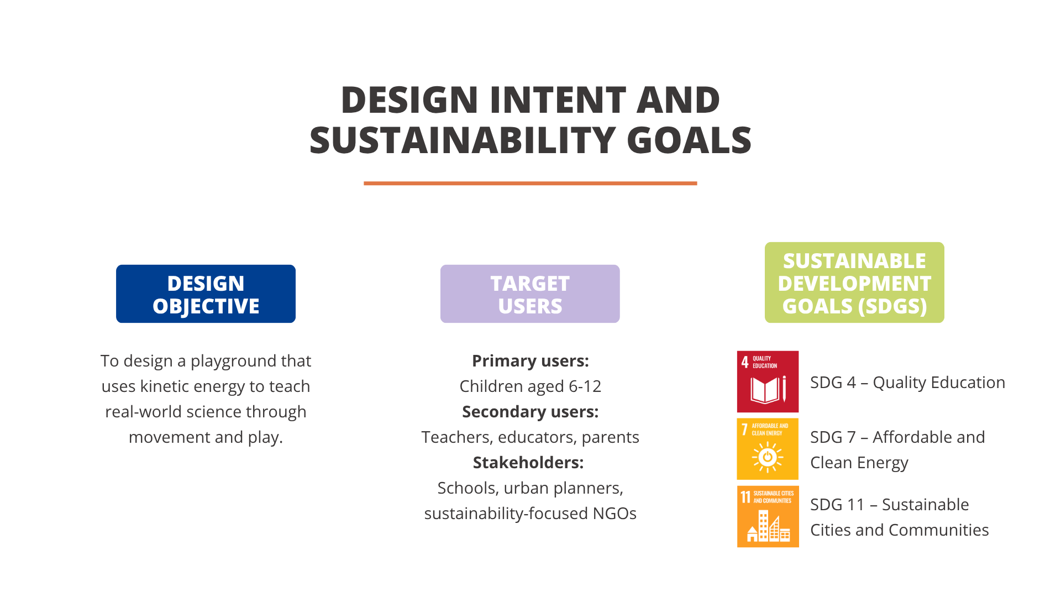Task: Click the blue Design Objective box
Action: pyautogui.click(x=206, y=294)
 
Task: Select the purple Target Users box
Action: pyautogui.click(x=530, y=294)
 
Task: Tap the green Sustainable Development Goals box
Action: pyautogui.click(x=854, y=282)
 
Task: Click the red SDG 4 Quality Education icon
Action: pyautogui.click(x=768, y=381)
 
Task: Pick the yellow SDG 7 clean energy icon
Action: pyautogui.click(x=768, y=449)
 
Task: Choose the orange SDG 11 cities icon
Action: pyautogui.click(x=768, y=516)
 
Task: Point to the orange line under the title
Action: pyautogui.click(x=530, y=183)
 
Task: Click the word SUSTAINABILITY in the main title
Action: pyautogui.click(x=462, y=140)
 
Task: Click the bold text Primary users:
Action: pyautogui.click(x=530, y=361)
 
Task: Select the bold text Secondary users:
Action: pyautogui.click(x=530, y=412)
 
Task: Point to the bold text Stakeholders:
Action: pyautogui.click(x=528, y=463)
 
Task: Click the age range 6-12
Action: pyautogui.click(x=585, y=386)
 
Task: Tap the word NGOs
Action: pyautogui.click(x=614, y=514)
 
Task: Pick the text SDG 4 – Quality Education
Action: pyautogui.click(x=907, y=383)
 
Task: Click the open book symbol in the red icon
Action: pyautogui.click(x=765, y=390)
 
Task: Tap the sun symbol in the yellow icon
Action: pyautogui.click(x=767, y=457)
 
